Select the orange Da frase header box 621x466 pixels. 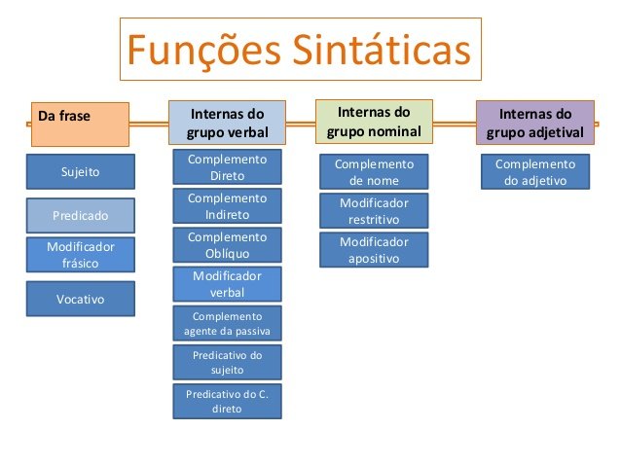tap(80, 123)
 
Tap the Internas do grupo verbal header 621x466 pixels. tap(227, 124)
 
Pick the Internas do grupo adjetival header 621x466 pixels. tap(534, 123)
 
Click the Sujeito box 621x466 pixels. tap(81, 172)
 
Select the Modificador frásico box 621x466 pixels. tap(81, 255)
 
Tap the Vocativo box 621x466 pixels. tap(81, 299)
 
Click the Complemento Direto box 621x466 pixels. tap(227, 167)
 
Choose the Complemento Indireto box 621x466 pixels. tap(227, 206)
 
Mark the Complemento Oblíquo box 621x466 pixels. tap(227, 245)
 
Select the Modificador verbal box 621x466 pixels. tap(227, 284)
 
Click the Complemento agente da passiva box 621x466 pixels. tap(227, 323)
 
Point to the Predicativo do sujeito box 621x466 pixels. tap(227, 362)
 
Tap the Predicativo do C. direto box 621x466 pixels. tap(227, 401)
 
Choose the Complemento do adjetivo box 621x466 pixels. tap(534, 172)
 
